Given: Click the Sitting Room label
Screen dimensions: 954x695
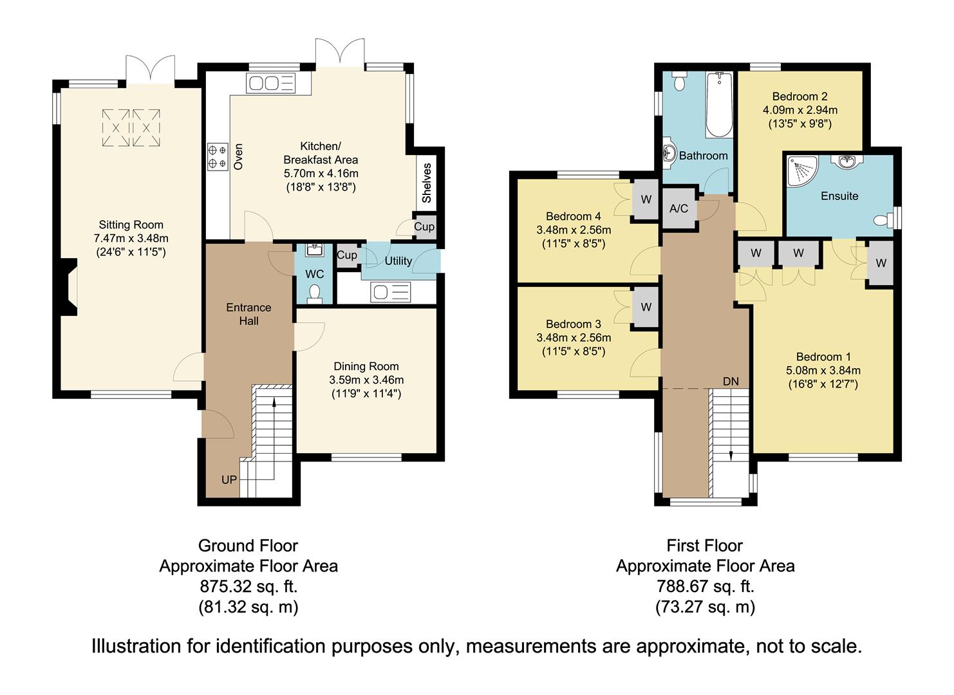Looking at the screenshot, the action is [131, 225].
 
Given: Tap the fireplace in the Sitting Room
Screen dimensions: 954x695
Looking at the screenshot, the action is [69, 287].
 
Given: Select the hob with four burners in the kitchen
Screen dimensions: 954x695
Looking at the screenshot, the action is [218, 157].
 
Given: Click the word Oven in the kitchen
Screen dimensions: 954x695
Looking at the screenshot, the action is [238, 157].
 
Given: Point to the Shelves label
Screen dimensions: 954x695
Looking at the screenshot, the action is [426, 183].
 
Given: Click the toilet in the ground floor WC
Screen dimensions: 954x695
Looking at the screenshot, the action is [315, 294].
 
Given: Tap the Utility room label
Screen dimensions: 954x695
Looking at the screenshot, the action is [398, 261].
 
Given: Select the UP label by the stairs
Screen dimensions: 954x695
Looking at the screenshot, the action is [229, 480].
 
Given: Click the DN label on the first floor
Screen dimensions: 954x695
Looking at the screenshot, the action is [731, 382].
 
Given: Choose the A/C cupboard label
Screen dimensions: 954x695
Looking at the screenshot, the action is [678, 208].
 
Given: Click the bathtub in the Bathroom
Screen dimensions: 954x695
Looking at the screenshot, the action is [719, 105].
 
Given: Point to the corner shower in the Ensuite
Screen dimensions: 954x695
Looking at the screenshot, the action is [803, 171].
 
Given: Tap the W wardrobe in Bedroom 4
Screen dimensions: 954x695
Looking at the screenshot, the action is [646, 199].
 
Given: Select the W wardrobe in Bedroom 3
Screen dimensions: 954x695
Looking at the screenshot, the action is [646, 307].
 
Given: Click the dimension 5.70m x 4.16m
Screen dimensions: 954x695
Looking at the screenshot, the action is [321, 174].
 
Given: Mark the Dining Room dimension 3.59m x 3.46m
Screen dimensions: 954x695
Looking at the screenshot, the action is [366, 380].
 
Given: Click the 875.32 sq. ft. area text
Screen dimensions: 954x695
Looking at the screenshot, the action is [248, 586].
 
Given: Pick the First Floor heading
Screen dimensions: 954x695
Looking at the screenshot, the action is [704, 546].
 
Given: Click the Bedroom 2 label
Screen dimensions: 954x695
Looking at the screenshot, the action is [800, 97].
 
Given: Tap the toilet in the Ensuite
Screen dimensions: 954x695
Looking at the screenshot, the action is [883, 220].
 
